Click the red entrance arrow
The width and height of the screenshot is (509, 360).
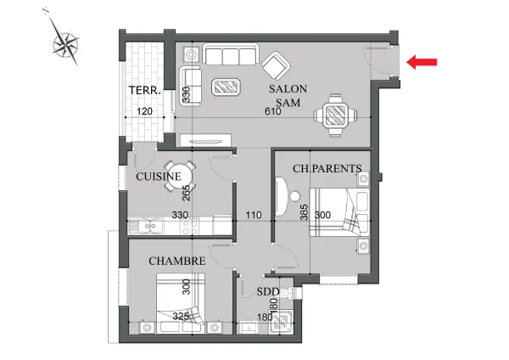click(422, 62)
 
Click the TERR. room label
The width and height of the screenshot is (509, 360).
click(145, 90)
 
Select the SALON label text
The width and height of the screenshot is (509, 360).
click(288, 88)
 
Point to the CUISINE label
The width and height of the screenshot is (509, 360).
click(159, 177)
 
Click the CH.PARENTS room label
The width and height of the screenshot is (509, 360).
click(327, 168)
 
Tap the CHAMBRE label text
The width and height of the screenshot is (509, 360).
click(177, 261)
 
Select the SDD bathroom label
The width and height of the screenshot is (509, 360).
click(268, 292)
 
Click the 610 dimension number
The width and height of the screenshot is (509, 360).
click(272, 111)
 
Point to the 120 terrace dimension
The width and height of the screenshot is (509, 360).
click(144, 111)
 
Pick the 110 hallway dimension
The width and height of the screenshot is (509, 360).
click(254, 215)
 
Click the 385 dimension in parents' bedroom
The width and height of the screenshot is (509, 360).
click(305, 212)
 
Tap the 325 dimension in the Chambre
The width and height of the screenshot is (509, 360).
click(181, 316)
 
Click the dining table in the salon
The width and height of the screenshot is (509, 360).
click(335, 115)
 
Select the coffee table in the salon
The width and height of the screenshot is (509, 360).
click(226, 87)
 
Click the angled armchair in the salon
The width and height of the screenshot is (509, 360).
click(276, 65)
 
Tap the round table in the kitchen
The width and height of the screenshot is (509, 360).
click(180, 177)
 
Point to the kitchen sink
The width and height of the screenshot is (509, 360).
click(146, 226)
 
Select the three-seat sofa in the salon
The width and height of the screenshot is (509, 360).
click(231, 54)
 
